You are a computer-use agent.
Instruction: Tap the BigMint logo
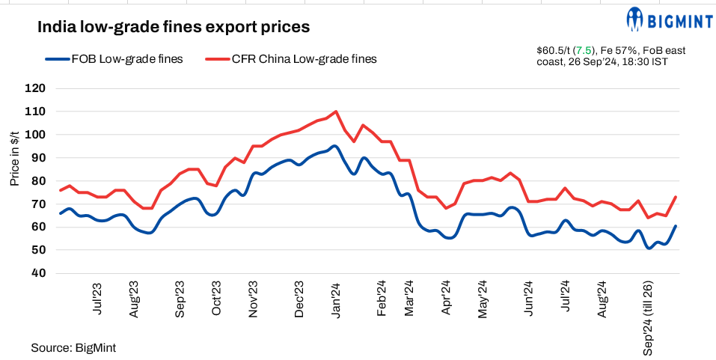(660, 19)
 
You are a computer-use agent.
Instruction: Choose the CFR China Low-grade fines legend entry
(291, 59)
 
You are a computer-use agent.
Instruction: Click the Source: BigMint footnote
(73, 348)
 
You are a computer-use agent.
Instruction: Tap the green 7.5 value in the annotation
(581, 50)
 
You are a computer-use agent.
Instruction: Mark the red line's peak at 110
(335, 112)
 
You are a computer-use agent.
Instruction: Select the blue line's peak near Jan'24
(333, 147)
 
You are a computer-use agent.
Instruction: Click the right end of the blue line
(676, 226)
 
